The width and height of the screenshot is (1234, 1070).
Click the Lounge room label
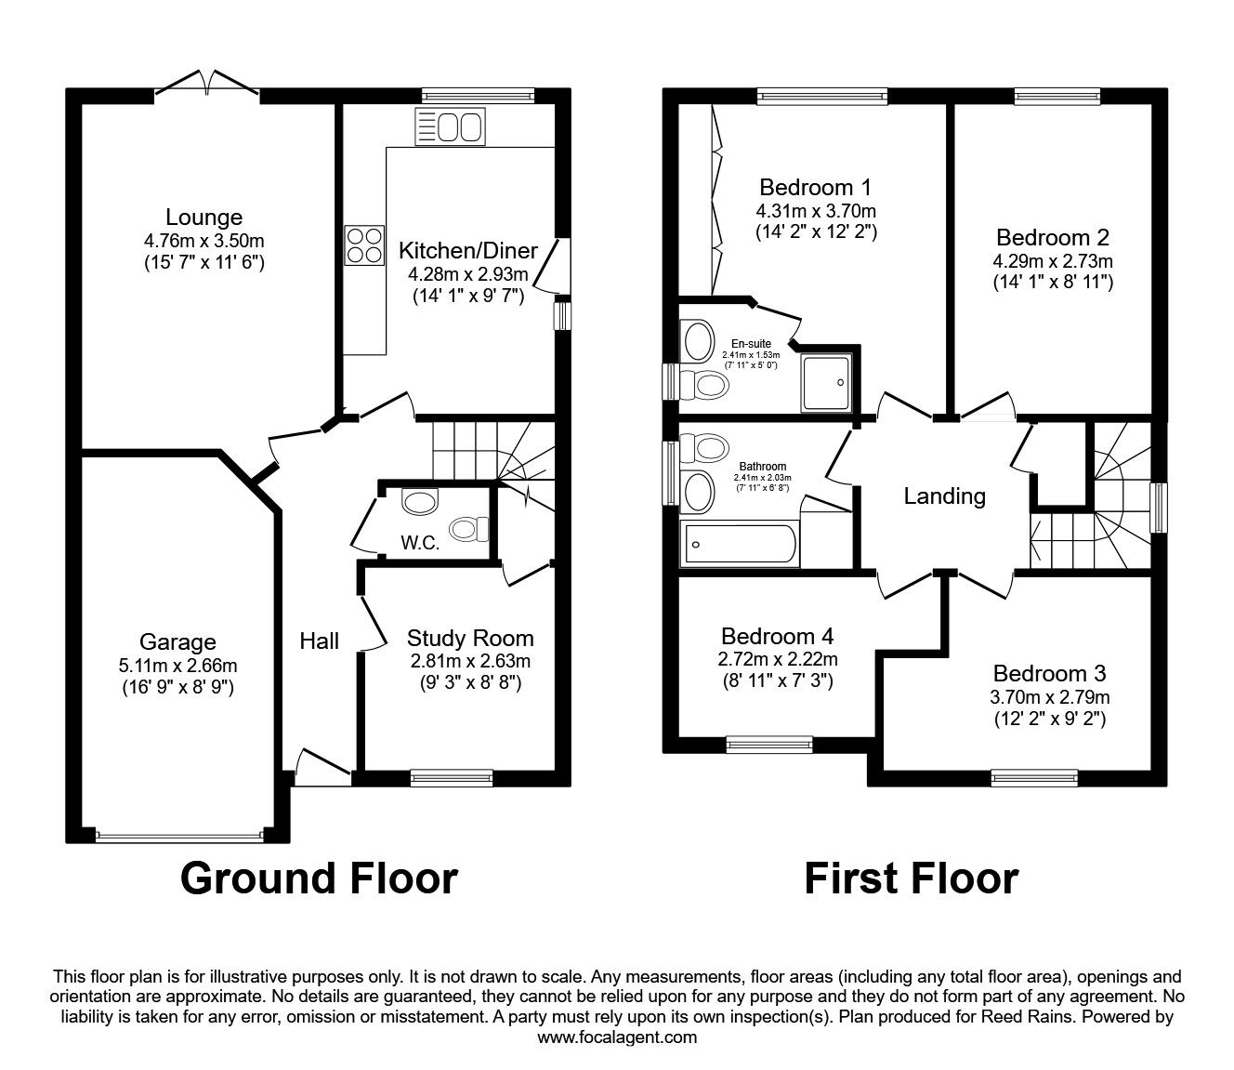pyautogui.click(x=203, y=218)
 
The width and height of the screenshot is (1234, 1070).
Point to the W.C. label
pyautogui.click(x=420, y=543)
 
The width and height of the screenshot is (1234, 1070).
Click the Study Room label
pyautogui.click(x=470, y=638)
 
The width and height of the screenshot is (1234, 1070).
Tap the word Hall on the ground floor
pyautogui.click(x=319, y=641)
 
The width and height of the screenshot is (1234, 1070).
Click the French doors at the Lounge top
pyautogui.click(x=207, y=86)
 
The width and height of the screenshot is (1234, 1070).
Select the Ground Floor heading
pyautogui.click(x=319, y=878)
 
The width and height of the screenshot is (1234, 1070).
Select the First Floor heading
pyautogui.click(x=911, y=878)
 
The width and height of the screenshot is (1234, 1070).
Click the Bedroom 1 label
pyautogui.click(x=815, y=187)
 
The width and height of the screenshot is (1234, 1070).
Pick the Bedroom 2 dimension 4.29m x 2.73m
pyautogui.click(x=1053, y=261)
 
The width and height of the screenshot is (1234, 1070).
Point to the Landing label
pyautogui.click(x=944, y=496)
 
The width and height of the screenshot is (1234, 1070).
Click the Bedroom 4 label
pyautogui.click(x=777, y=637)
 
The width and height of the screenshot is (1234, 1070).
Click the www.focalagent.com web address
pyautogui.click(x=617, y=1037)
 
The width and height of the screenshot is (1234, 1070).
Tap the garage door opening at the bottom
pyautogui.click(x=179, y=836)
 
